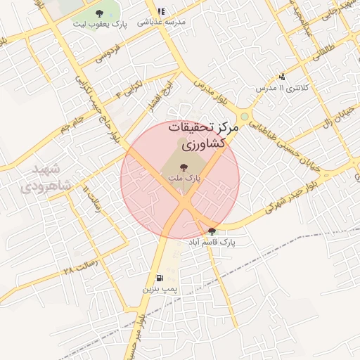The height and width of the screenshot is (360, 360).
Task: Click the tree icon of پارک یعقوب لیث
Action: [x=98, y=13]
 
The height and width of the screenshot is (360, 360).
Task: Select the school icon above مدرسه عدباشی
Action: [x=162, y=12]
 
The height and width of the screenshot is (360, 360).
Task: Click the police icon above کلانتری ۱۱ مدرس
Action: [x=282, y=77]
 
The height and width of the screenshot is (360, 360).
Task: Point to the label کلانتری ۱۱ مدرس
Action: [x=281, y=88]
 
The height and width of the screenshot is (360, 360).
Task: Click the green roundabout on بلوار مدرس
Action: [x=244, y=116]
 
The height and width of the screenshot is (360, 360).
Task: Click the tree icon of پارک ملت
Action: [x=183, y=167]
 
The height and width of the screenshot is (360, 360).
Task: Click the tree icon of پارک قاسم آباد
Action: [x=212, y=231]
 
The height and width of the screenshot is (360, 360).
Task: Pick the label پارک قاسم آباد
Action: [x=212, y=242]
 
